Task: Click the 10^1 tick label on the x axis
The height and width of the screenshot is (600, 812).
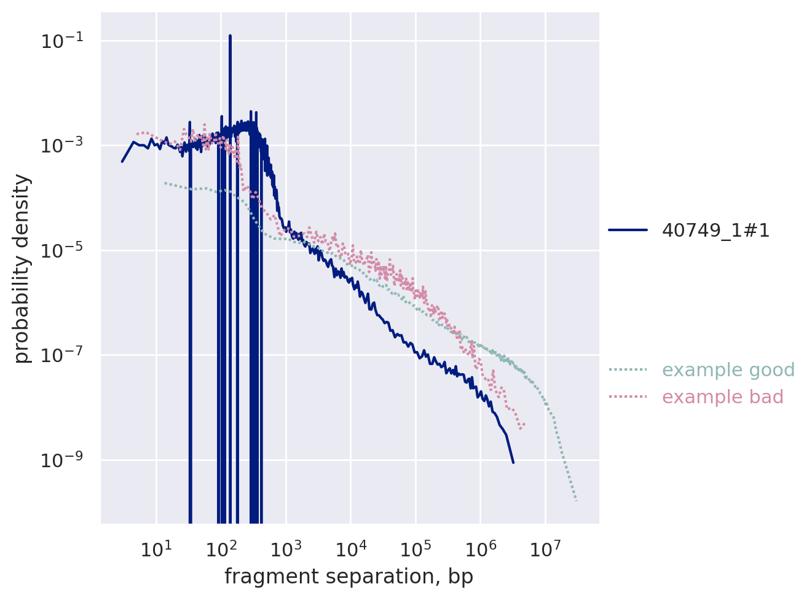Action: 156,548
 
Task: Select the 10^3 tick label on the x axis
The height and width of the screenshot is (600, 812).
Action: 286,548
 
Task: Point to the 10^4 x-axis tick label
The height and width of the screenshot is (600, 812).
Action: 350,548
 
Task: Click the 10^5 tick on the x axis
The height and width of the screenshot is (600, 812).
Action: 416,548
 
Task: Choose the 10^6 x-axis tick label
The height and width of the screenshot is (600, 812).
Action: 480,548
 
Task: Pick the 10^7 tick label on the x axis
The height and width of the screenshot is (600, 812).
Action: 545,548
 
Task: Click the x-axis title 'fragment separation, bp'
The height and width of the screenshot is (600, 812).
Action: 349,577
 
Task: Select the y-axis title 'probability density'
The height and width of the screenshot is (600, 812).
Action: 22,269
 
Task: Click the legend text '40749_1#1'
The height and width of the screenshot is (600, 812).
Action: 715,231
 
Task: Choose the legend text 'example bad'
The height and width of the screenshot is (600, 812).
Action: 722,397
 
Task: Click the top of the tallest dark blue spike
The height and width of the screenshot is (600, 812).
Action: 230,36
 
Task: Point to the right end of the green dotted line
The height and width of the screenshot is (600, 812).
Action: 577,501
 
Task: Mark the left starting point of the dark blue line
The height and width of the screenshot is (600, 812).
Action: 122,162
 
